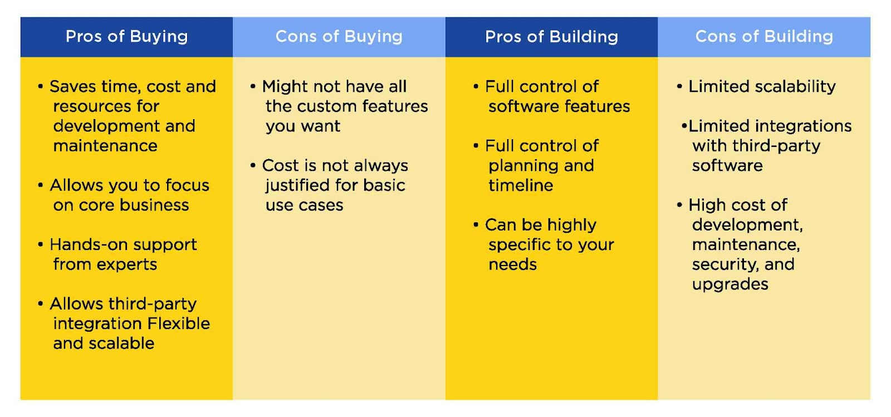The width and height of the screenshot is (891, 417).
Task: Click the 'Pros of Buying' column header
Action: click(x=126, y=37)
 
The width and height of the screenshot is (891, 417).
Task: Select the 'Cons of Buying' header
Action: click(x=339, y=37)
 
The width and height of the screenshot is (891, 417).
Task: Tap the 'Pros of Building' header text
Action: click(x=551, y=37)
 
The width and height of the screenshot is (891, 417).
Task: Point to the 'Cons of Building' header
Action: click(x=763, y=37)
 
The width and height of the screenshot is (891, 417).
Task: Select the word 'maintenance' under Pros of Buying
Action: click(x=105, y=146)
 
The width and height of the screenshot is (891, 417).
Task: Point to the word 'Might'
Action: click(x=285, y=87)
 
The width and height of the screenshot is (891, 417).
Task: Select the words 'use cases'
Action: click(x=304, y=205)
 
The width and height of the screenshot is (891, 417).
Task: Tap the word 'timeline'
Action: click(x=521, y=185)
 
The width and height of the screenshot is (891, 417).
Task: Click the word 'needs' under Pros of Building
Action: click(x=513, y=264)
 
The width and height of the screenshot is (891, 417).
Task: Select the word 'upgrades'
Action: click(x=730, y=284)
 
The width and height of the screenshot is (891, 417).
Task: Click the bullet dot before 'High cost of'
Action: click(x=679, y=205)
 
